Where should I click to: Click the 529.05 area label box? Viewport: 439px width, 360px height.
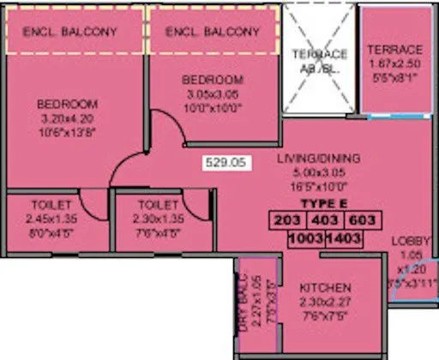(x=226, y=160)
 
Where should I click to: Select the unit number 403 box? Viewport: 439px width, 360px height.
(x=324, y=219)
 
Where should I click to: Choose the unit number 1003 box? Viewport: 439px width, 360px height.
(x=305, y=238)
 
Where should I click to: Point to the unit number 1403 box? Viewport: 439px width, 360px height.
(x=345, y=238)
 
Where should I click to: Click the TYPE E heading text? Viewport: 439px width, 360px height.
(x=323, y=205)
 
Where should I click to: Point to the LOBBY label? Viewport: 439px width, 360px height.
(x=410, y=241)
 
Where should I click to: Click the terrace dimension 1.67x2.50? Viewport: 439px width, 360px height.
(x=394, y=63)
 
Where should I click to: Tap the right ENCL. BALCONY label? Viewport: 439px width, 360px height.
(x=212, y=32)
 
